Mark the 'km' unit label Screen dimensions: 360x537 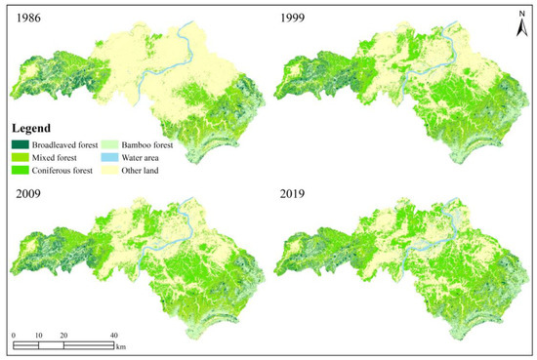point(121,346)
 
